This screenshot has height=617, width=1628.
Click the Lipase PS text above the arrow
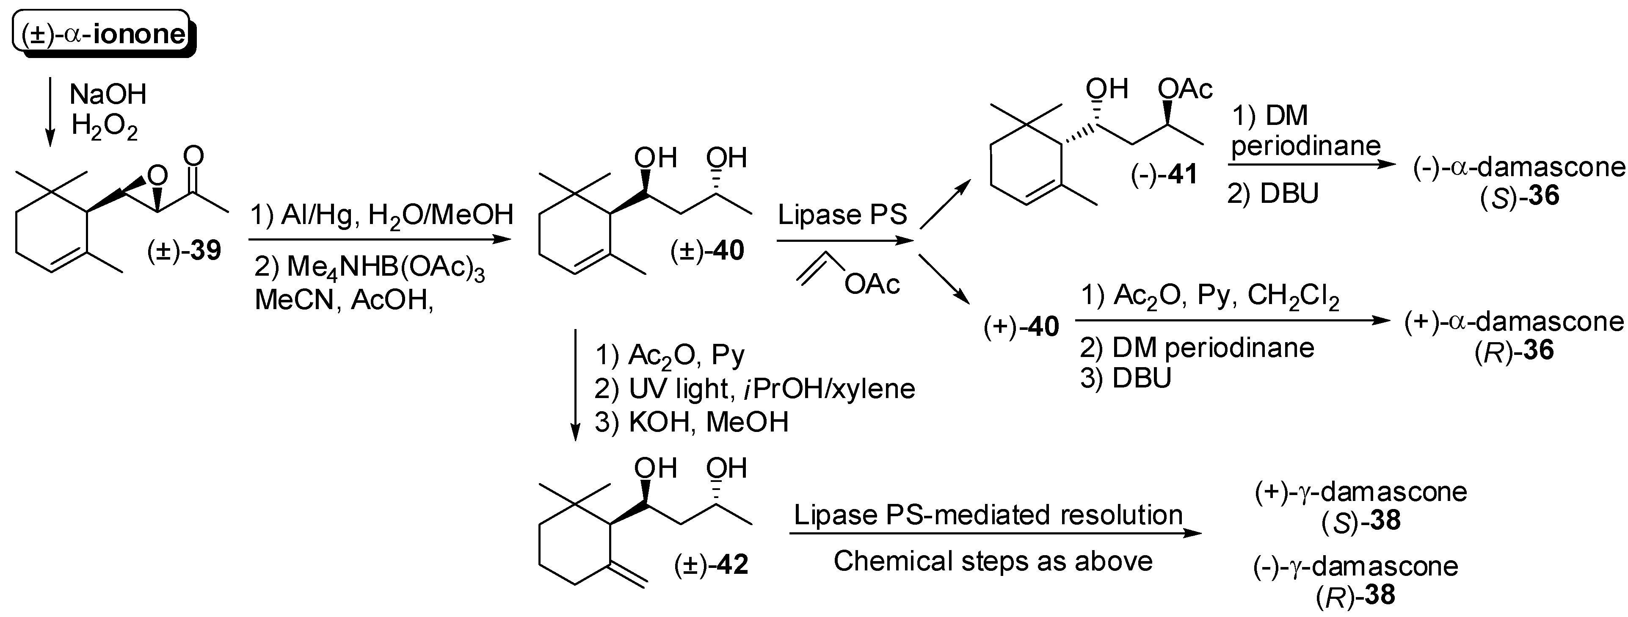coord(842,215)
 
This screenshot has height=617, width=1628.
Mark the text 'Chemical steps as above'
coord(993,561)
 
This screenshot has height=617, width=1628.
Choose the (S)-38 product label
coord(1360,521)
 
